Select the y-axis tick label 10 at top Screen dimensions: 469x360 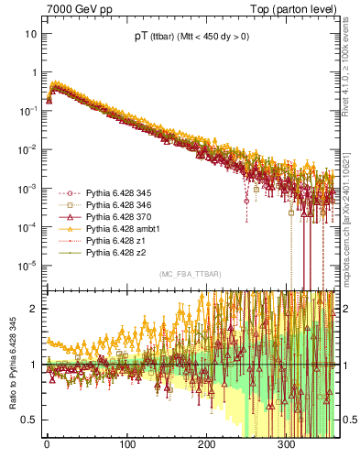click(x=30, y=33)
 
